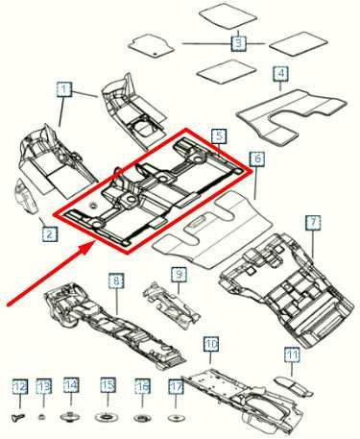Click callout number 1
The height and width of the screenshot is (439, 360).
(63, 90)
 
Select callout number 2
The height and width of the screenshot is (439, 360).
(47, 232)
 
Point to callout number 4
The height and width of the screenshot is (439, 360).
(280, 74)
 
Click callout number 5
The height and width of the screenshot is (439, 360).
(219, 137)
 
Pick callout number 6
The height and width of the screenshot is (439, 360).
(256, 158)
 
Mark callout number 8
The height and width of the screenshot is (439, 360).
(116, 280)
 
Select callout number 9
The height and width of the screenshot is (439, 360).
(179, 275)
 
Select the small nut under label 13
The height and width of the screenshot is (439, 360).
(43, 418)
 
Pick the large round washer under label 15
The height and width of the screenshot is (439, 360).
(108, 418)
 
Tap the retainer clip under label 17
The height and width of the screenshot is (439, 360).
(176, 418)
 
